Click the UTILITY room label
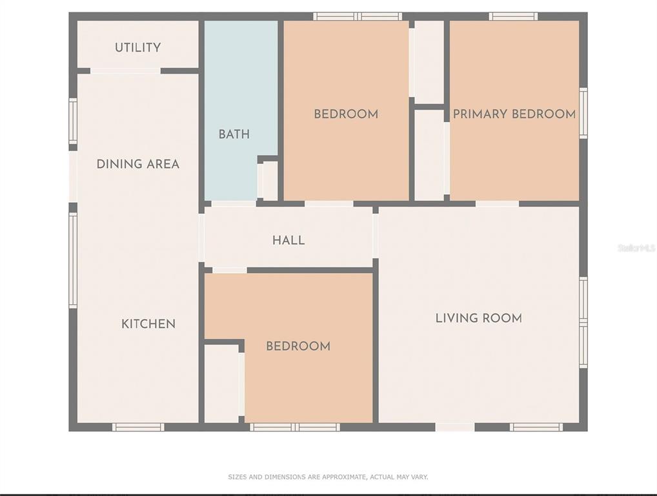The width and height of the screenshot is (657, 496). click(138, 47)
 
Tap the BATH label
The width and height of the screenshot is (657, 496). click(234, 134)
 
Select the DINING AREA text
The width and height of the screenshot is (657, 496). click(138, 164)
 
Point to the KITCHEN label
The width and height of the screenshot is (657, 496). click(148, 324)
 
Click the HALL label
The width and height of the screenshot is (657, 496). click(288, 240)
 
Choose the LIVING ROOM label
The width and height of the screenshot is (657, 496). click(479, 318)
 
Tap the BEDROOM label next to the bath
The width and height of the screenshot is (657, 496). click(346, 114)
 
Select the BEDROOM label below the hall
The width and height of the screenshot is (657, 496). click(298, 346)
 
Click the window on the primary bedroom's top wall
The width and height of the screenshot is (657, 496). click(513, 16)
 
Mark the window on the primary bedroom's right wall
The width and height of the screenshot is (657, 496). click(583, 113)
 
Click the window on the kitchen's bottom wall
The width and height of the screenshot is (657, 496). click(138, 428)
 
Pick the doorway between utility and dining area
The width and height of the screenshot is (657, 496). click(125, 71)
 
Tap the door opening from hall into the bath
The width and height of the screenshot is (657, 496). click(234, 204)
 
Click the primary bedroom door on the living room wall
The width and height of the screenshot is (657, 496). click(497, 204)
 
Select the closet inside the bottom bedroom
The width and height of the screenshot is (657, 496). click(221, 384)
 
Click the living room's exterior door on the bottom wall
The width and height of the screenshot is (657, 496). click(455, 428)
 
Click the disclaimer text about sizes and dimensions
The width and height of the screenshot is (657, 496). click(328, 477)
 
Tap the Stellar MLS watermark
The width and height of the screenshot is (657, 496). click(637, 248)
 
